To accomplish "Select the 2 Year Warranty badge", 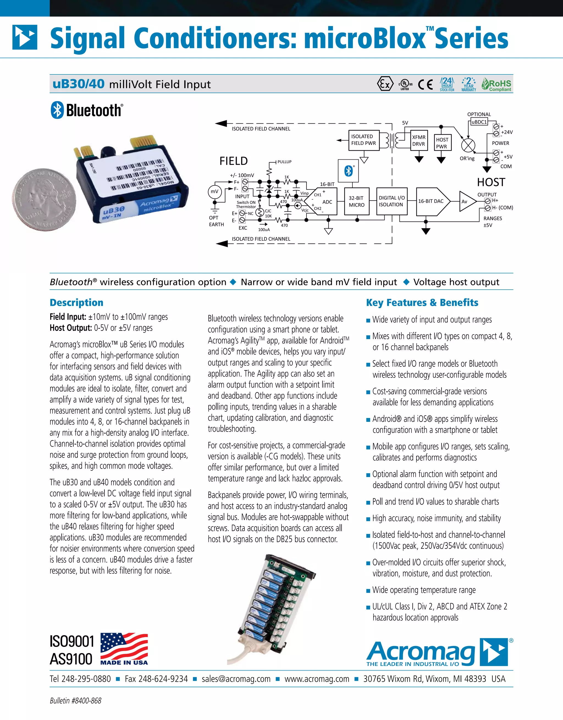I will [x=469, y=84].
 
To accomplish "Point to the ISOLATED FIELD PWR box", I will [x=363, y=140].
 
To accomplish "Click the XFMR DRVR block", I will [x=419, y=140].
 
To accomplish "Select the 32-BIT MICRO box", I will [x=357, y=201].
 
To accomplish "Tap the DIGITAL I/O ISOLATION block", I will [x=391, y=201].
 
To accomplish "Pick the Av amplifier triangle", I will [x=466, y=201].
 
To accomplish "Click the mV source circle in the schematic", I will [x=214, y=192].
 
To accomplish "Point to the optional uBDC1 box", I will [x=479, y=122].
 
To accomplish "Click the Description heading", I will [x=76, y=302].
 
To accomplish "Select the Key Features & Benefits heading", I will [x=422, y=302].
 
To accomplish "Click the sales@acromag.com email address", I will [x=236, y=679].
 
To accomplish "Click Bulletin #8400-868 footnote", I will [x=76, y=700].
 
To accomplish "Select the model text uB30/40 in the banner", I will [x=79, y=84].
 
